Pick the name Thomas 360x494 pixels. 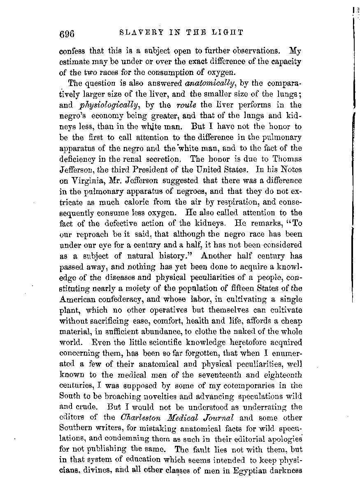point(288,158)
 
